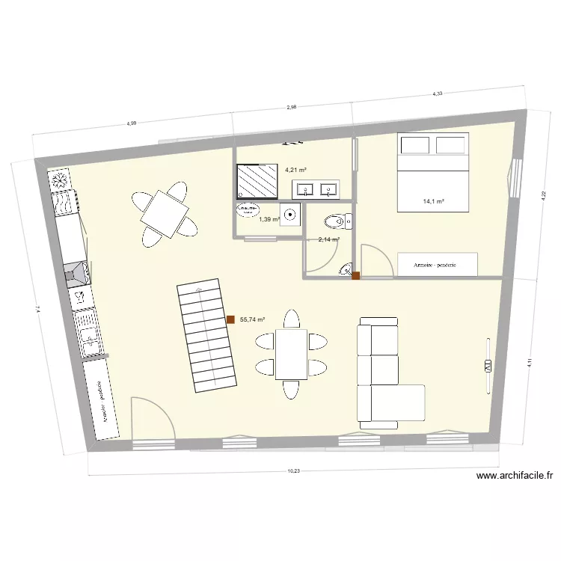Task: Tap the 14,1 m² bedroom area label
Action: tap(434, 201)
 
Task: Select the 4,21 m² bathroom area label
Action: tap(296, 169)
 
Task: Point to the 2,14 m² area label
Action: tap(329, 239)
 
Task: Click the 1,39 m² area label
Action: tap(269, 219)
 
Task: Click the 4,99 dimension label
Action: tap(132, 123)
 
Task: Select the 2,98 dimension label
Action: tap(292, 107)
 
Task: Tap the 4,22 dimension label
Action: tap(543, 196)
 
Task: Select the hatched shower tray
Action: tap(257, 180)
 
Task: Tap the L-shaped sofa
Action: tap(385, 374)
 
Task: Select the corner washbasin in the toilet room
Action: tap(346, 269)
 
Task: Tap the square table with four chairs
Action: tap(163, 212)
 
